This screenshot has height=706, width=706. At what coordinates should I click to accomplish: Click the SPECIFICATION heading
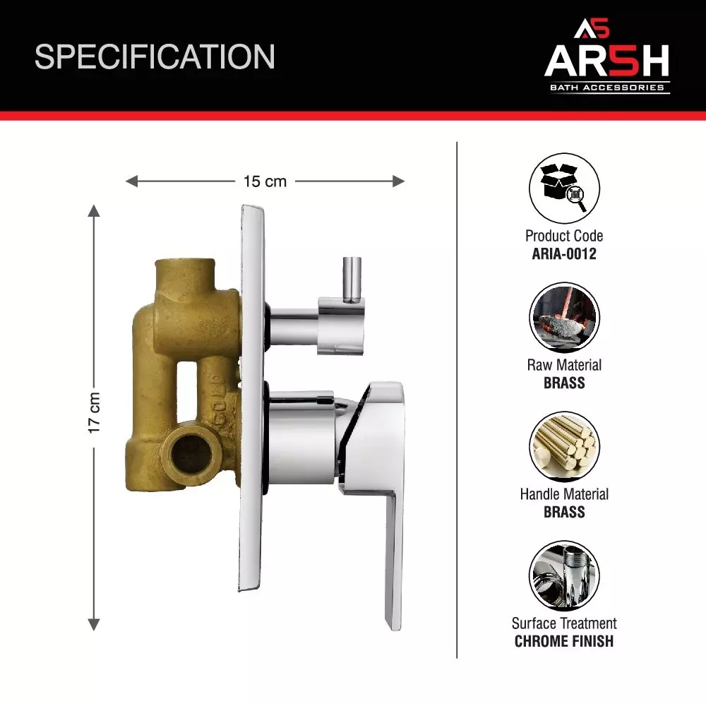tap(155, 56)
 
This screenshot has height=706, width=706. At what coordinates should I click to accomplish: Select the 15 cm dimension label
tap(265, 181)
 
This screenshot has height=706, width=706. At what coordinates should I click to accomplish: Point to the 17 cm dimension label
tap(95, 412)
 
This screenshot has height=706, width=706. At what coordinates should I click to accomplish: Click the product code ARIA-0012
tap(564, 253)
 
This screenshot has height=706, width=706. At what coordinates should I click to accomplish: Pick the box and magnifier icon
tap(564, 189)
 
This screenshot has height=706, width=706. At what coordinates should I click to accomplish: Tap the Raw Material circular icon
tap(564, 318)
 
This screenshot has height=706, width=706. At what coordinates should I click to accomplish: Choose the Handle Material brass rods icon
tap(564, 447)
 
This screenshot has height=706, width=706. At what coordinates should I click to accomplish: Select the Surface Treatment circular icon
tap(564, 576)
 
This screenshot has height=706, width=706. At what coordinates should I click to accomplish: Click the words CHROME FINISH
tap(564, 642)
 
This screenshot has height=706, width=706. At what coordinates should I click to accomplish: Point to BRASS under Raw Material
tap(564, 383)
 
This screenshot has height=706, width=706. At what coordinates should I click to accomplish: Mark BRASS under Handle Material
tap(564, 512)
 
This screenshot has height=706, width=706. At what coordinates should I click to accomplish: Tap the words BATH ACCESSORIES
tap(607, 88)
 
